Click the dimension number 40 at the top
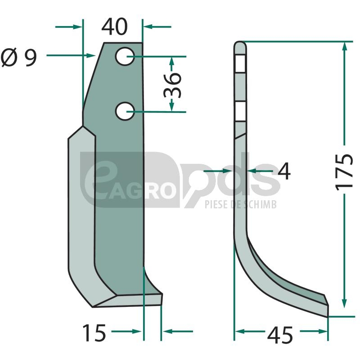coord(114,27)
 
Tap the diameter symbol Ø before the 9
coord(9,57)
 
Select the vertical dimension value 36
coord(173,85)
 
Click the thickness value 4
coord(284,171)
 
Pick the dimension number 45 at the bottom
coord(280,335)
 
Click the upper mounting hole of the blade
coord(125,56)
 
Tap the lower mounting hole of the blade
coord(125,111)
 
